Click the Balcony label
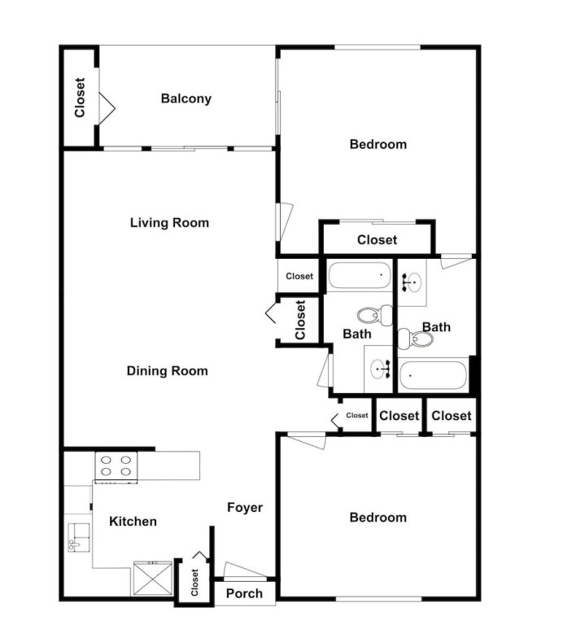click(x=185, y=98)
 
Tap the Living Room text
click(x=169, y=222)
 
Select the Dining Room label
click(x=167, y=371)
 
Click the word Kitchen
click(x=133, y=521)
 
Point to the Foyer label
click(x=244, y=508)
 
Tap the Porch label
click(x=244, y=593)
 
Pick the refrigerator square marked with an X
click(x=152, y=579)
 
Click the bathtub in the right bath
click(x=433, y=375)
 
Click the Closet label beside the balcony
click(x=80, y=97)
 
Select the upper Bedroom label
click(x=378, y=145)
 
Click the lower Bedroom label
click(x=378, y=518)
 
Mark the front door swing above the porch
click(x=242, y=570)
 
